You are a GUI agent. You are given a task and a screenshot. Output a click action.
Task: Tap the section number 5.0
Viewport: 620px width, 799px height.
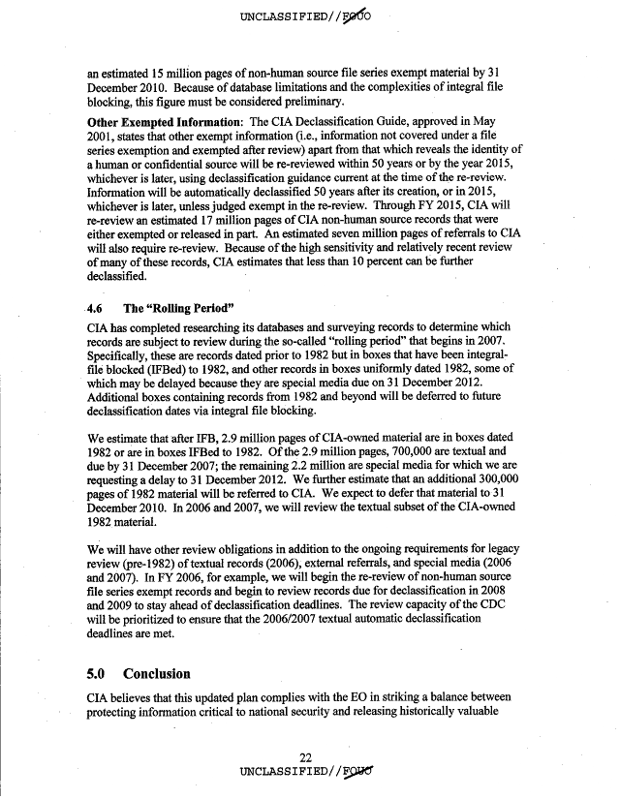click(x=102, y=673)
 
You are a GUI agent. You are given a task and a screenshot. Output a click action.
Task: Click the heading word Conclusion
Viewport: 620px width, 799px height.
click(x=157, y=673)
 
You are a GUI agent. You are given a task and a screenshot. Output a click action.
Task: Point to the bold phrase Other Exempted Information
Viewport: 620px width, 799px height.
click(x=163, y=123)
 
